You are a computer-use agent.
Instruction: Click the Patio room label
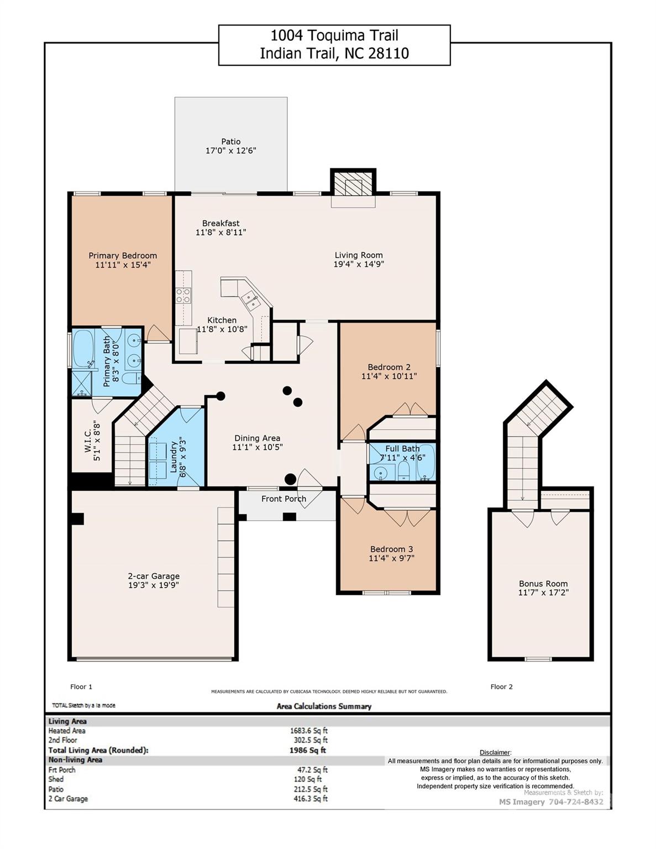coord(231,141)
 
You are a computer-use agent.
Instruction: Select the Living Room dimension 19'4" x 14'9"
coord(359,264)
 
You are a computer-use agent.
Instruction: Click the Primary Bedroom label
coord(123,255)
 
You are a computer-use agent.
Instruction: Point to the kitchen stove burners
coord(183,295)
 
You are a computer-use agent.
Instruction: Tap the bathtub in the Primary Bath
coord(83,349)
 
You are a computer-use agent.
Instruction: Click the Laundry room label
coord(174,457)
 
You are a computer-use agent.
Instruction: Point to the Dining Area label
coord(257,438)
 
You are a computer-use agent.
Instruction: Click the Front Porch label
coord(284,499)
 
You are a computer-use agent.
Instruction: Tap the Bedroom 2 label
coord(389,367)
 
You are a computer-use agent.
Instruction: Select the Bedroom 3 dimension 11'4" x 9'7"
coord(391,558)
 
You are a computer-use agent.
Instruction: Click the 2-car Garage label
coord(154,575)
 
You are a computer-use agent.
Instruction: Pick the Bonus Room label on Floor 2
coord(543,583)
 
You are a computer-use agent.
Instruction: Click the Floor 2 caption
coord(501,686)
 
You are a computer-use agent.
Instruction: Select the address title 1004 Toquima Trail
coord(334,35)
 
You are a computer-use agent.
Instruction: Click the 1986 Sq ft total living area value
coord(308,750)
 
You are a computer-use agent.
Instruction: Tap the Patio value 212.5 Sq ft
coord(311,789)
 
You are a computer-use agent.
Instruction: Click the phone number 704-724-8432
coord(576,801)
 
